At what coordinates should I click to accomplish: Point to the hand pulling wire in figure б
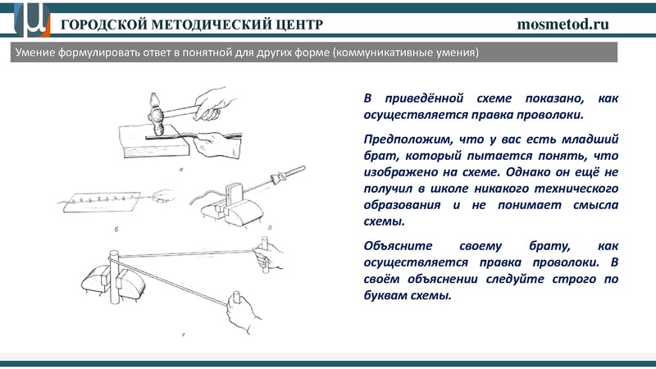166,196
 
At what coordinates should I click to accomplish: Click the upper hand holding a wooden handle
267,254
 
